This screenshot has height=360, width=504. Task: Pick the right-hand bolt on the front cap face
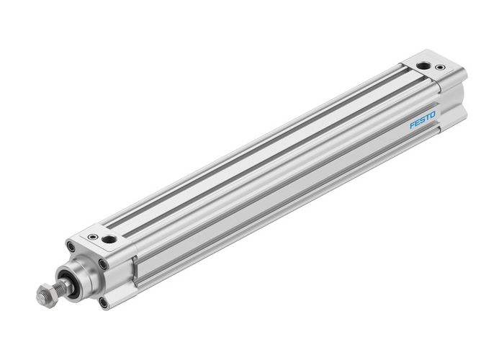[104, 265]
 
